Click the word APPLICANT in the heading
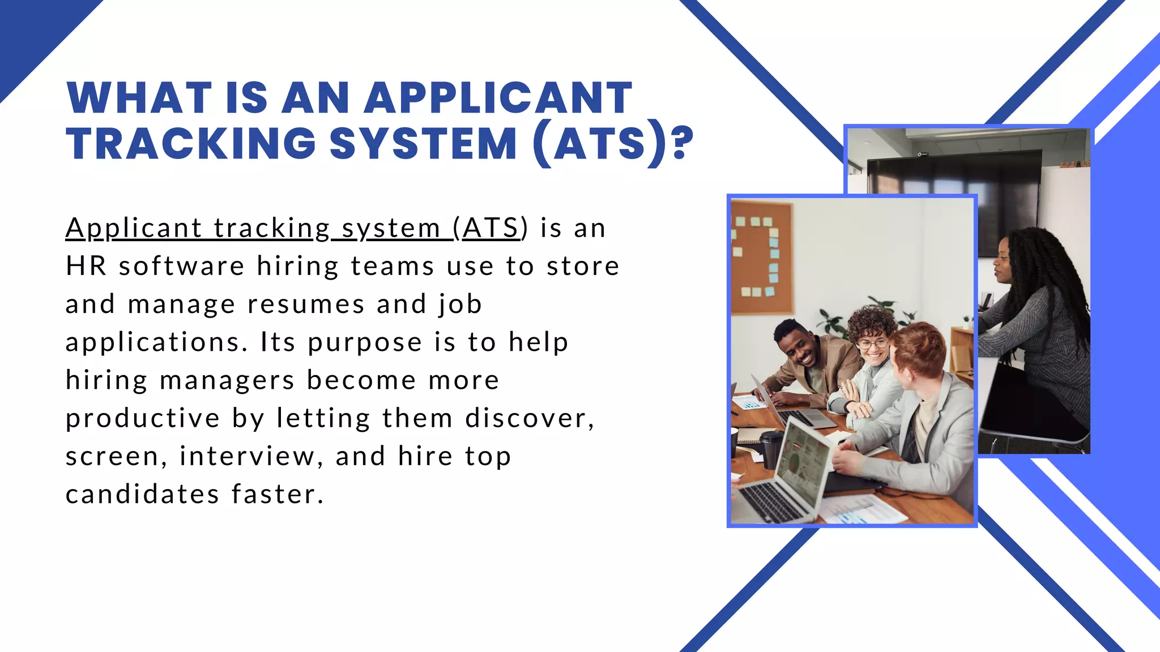pyautogui.click(x=498, y=98)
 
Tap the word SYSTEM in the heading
pyautogui.click(x=423, y=143)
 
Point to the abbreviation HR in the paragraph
pyautogui.click(x=86, y=266)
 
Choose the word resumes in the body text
pyautogui.click(x=306, y=304)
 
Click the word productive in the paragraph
pyautogui.click(x=142, y=419)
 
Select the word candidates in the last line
pyautogui.click(x=142, y=494)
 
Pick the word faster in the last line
pyautogui.click(x=278, y=494)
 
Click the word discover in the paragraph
pyautogui.click(x=530, y=419)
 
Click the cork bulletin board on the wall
pyautogui.click(x=761, y=258)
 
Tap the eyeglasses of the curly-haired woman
pyautogui.click(x=873, y=343)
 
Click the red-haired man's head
pyautogui.click(x=918, y=351)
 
